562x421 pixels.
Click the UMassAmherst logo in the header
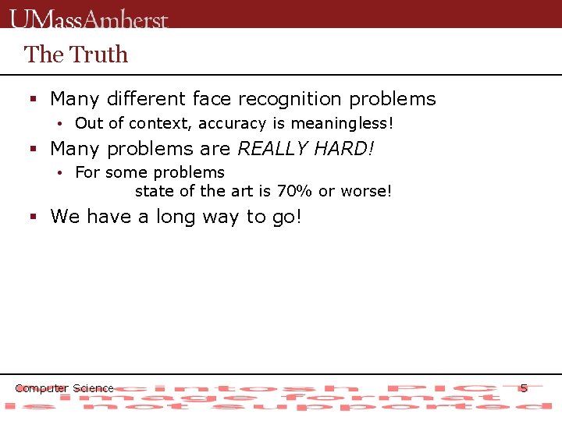point(89,18)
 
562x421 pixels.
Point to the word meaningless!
point(343,123)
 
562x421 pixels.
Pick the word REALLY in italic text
point(269,148)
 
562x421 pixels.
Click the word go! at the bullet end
point(286,217)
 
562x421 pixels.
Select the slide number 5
point(524,387)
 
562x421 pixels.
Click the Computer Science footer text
point(64,388)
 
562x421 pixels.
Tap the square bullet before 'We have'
point(34,217)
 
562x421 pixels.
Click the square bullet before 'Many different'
point(34,100)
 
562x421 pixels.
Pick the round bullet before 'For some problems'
point(59,173)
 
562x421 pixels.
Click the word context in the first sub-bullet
point(165,123)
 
